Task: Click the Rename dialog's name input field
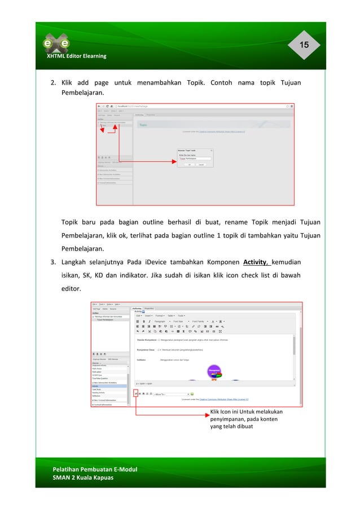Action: pyautogui.click(x=195, y=159)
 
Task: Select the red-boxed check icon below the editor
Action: pyautogui.click(x=135, y=393)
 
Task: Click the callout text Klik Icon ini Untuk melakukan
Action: pyautogui.click(x=245, y=412)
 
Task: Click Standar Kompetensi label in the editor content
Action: pyautogui.click(x=148, y=340)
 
